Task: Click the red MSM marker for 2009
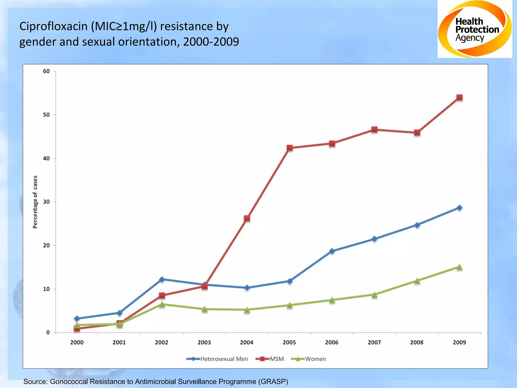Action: pyautogui.click(x=459, y=98)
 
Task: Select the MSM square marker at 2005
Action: pyautogui.click(x=290, y=148)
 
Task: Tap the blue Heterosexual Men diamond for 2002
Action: pyautogui.click(x=162, y=279)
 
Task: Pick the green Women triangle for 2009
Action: pyautogui.click(x=459, y=267)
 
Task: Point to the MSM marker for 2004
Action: pyautogui.click(x=247, y=218)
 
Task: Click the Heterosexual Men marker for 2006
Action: pyautogui.click(x=332, y=251)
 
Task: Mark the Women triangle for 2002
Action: pyautogui.click(x=162, y=304)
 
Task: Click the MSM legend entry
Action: pyautogui.click(x=270, y=359)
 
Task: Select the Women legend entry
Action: pyautogui.click(x=308, y=359)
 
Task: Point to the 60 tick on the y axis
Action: pyautogui.click(x=46, y=71)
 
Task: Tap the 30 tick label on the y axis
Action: pyautogui.click(x=46, y=202)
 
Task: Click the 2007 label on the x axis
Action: pyautogui.click(x=374, y=343)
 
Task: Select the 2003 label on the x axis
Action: pyautogui.click(x=204, y=343)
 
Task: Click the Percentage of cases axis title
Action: pyautogui.click(x=35, y=202)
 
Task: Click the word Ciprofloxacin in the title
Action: pyautogui.click(x=53, y=26)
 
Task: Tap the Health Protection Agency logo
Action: pyautogui.click(x=475, y=29)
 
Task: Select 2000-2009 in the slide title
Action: pyautogui.click(x=211, y=42)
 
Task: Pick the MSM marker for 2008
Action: pyautogui.click(x=417, y=133)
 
